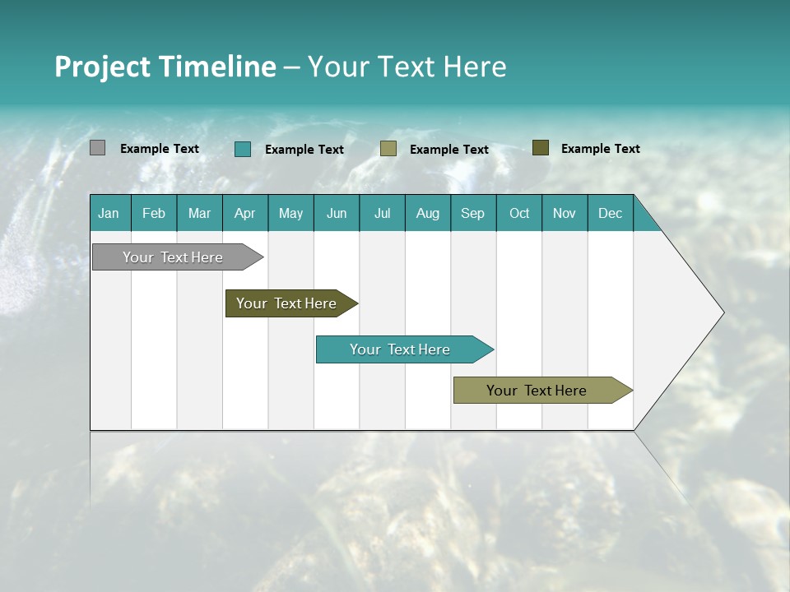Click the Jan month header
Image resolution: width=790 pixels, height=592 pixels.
[109, 213]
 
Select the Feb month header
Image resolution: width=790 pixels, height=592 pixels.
[154, 213]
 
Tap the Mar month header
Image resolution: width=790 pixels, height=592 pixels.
[199, 213]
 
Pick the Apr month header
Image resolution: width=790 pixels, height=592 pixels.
[245, 213]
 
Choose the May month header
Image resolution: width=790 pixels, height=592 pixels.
[290, 213]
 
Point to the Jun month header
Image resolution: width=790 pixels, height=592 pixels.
[337, 213]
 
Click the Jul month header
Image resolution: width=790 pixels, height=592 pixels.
[382, 213]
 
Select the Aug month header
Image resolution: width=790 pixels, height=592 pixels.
[428, 213]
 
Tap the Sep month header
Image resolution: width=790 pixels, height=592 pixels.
[473, 213]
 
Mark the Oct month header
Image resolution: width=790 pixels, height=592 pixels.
[519, 213]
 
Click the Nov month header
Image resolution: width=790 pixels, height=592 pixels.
[565, 213]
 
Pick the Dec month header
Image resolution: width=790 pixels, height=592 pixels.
[611, 213]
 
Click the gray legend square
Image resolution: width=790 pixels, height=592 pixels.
[98, 148]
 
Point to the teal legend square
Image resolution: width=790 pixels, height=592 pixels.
[243, 149]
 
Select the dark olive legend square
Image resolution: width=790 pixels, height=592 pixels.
[541, 148]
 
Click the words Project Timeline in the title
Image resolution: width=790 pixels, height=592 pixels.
[165, 67]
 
